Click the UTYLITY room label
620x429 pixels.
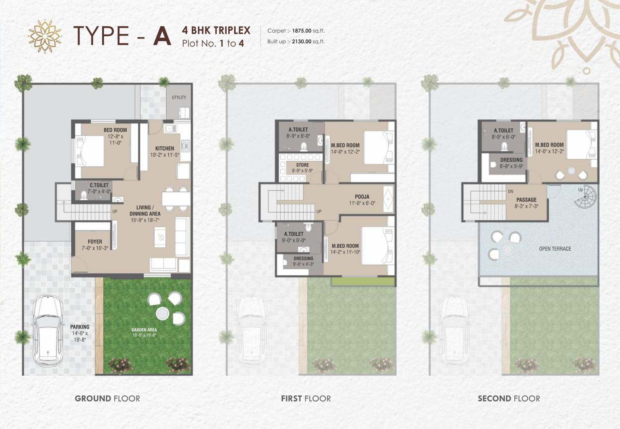(179, 98)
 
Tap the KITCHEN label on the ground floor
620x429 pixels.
(164, 149)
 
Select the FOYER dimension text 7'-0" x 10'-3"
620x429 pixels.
(95, 248)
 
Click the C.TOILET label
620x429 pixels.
(99, 185)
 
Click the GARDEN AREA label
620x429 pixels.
(144, 330)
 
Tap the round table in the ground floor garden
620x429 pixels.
(162, 313)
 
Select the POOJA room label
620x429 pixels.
(362, 197)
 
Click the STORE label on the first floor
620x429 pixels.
(302, 165)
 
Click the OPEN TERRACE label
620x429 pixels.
(555, 249)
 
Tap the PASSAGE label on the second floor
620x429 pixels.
(526, 200)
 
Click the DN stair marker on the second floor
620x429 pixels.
(511, 192)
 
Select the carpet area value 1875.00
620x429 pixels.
(302, 31)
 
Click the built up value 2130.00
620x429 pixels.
(301, 41)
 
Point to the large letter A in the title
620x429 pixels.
(162, 36)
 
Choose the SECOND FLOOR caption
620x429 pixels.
(509, 399)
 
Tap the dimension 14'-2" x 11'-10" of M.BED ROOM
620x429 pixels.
(345, 252)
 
